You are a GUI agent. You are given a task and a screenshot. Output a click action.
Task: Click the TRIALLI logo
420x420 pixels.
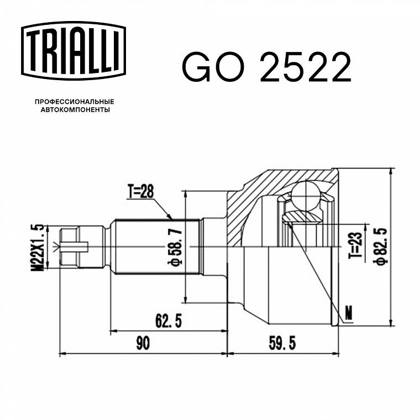pyautogui.click(x=73, y=51)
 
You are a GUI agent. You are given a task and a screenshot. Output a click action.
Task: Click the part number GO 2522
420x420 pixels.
pyautogui.click(x=266, y=67)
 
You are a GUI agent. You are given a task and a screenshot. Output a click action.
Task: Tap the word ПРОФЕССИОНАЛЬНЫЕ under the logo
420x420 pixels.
pyautogui.click(x=75, y=102)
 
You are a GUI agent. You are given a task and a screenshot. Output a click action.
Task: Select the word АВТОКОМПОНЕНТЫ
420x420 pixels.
pyautogui.click(x=75, y=110)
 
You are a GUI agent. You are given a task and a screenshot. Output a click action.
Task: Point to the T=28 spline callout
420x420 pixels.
pyautogui.click(x=140, y=192)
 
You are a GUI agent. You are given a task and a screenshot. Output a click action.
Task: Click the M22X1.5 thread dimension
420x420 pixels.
pyautogui.click(x=38, y=248)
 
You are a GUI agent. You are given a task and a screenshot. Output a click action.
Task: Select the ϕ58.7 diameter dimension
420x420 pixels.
pyautogui.click(x=175, y=248)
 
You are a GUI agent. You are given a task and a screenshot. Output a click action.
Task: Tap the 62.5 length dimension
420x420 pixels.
pyautogui.click(x=169, y=321)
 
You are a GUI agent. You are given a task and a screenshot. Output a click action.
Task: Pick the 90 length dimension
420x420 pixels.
pyautogui.click(x=143, y=343)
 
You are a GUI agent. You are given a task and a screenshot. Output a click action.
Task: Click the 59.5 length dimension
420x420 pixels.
pyautogui.click(x=282, y=343)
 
